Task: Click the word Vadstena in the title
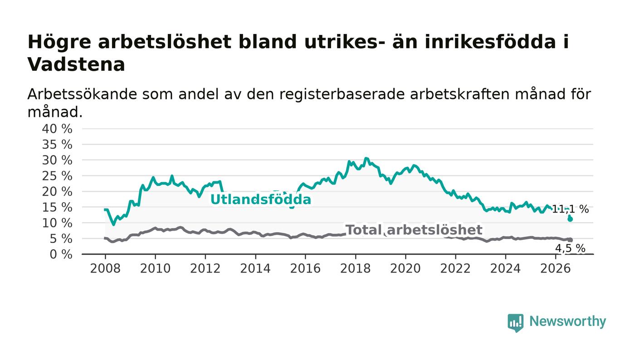76,64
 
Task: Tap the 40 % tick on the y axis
57,129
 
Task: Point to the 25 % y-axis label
57,176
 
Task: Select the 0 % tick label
61,254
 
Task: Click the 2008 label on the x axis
105,268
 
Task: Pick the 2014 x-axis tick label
255,268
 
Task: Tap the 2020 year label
405,268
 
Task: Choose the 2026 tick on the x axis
555,268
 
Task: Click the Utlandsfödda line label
261,199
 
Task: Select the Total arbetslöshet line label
414,230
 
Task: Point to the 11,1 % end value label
570,209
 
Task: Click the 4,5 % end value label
570,248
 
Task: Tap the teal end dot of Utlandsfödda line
570,219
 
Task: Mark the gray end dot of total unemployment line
570,240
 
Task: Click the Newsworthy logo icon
515,323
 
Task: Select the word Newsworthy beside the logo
567,321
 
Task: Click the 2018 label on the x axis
355,268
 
